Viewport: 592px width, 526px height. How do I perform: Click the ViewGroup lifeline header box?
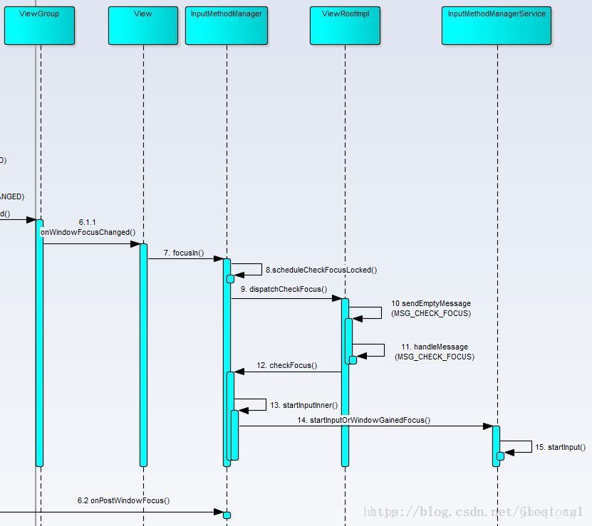[x=39, y=26]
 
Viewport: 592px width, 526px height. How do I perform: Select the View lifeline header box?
[x=142, y=26]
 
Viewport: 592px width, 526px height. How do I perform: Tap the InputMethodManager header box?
[x=227, y=26]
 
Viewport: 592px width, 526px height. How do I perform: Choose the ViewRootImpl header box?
[x=346, y=26]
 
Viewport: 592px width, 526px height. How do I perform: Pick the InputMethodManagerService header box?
[x=497, y=26]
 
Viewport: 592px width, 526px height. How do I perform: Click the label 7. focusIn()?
[x=184, y=253]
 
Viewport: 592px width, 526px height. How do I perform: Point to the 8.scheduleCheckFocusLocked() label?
[x=321, y=270]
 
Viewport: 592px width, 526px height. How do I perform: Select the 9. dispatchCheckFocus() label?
[x=284, y=289]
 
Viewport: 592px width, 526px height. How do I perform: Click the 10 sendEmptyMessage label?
[x=431, y=303]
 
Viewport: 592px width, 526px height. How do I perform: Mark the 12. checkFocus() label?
[x=287, y=365]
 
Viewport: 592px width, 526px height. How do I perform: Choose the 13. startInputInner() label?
[x=303, y=405]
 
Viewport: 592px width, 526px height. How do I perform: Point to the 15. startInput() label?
[x=560, y=447]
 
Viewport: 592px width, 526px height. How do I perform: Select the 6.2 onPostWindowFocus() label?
[x=124, y=500]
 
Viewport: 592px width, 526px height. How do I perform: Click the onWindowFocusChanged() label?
[x=88, y=232]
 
